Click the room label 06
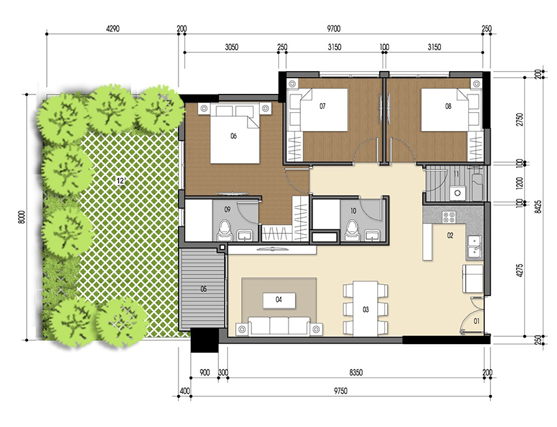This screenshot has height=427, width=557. coord(233,136)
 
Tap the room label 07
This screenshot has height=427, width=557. coord(322,105)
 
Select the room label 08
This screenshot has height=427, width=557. coord(448,105)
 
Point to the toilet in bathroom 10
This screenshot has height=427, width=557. coord(352,229)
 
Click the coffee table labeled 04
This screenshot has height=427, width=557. coord(279,300)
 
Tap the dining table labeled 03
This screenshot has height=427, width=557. coord(365,308)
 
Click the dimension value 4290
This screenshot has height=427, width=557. coord(115,28)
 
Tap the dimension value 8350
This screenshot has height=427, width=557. coord(356,373)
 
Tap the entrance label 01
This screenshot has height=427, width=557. coord(476,321)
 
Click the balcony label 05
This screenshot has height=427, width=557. coord(204,289)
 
